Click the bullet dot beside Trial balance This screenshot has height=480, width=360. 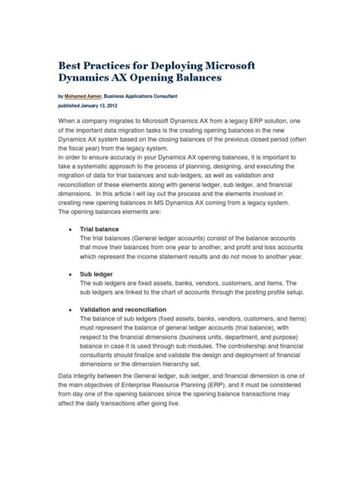click(x=70, y=228)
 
